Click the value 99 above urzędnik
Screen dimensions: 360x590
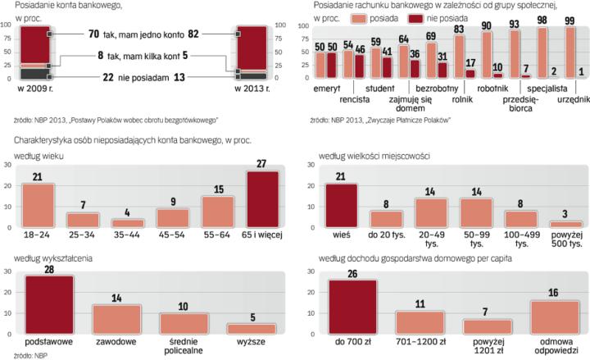(x=569, y=20)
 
